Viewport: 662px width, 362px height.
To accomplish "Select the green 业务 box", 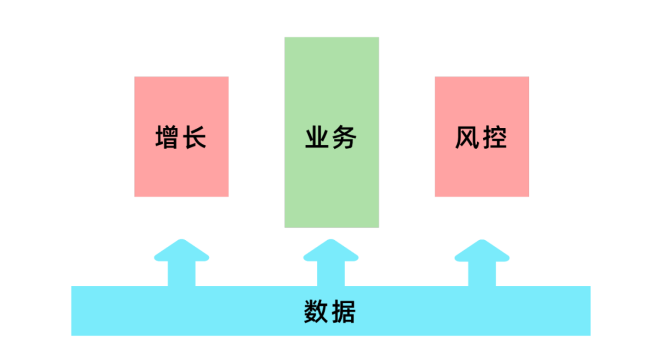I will tap(331, 184).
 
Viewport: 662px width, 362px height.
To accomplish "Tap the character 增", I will tap(167, 137).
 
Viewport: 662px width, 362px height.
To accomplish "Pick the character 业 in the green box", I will tap(317, 137).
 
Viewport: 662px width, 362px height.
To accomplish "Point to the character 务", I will tap(344, 137).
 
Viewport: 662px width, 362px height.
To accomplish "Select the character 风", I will tap(468, 137).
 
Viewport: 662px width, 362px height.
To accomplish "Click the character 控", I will tap(495, 137).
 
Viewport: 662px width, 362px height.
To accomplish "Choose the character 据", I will tap(343, 312).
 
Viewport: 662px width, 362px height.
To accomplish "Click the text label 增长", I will tap(181, 137).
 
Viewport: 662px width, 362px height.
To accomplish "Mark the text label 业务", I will tap(331, 137).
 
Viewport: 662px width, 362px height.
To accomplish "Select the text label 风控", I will tap(481, 137).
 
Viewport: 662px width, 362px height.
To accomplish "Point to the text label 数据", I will tap(330, 312).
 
